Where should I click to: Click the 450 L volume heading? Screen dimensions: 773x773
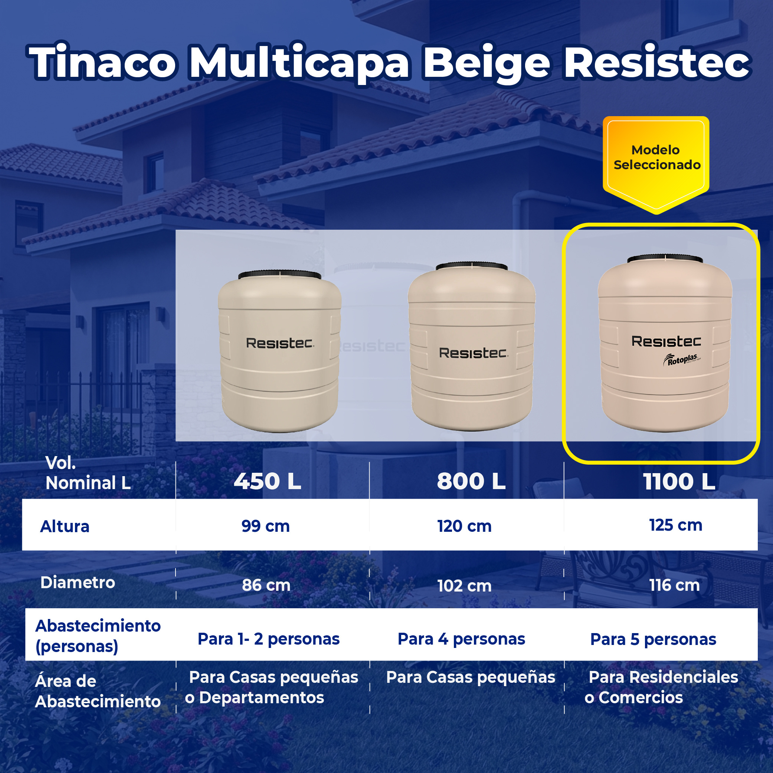[x=267, y=481]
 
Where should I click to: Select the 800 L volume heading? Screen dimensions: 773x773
[x=471, y=481]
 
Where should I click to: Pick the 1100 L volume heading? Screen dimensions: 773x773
[x=679, y=482]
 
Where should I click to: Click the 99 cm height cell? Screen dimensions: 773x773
[x=265, y=526]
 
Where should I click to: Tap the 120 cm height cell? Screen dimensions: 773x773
[x=464, y=526]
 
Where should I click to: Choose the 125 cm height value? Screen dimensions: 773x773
[x=675, y=525]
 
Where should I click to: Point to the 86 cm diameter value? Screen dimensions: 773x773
[x=266, y=585]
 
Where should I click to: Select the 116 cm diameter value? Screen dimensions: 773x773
[x=674, y=585]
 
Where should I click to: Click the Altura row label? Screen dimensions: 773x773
[x=65, y=527]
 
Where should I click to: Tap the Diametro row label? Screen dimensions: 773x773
[x=78, y=583]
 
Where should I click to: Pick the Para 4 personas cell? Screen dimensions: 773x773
[x=461, y=639]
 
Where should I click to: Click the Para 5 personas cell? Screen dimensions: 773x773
[x=653, y=639]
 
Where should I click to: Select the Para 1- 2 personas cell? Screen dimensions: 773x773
[x=268, y=639]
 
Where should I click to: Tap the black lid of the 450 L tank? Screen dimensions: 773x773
[x=279, y=275]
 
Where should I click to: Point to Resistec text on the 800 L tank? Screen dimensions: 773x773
[x=473, y=353]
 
